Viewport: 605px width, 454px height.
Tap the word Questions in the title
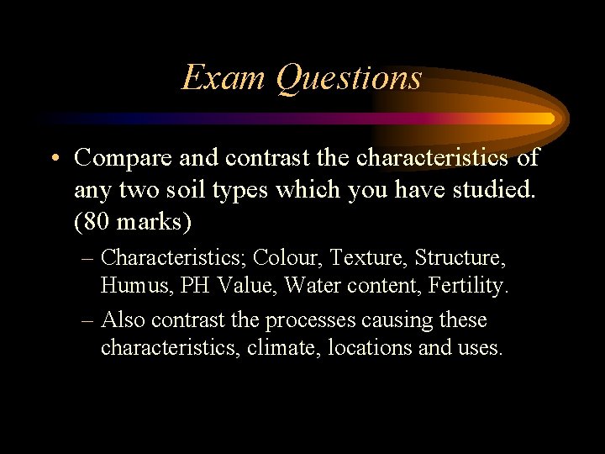point(349,78)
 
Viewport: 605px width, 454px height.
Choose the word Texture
point(362,256)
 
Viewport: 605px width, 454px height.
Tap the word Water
point(310,286)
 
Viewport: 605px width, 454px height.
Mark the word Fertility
point(468,286)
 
